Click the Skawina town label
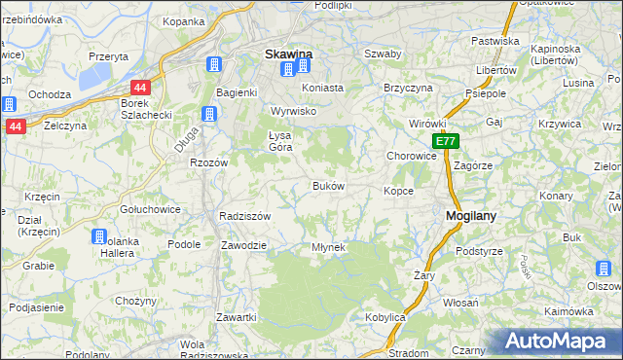tap(288, 54)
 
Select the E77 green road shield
tap(446, 141)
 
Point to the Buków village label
tap(328, 185)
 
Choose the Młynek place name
tap(328, 247)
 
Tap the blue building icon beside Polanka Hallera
tap(98, 236)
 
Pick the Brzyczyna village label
tap(408, 87)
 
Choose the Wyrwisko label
tap(295, 112)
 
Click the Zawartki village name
tap(237, 317)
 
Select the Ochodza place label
tap(50, 94)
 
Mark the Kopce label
tap(398, 191)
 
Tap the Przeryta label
tap(108, 56)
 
